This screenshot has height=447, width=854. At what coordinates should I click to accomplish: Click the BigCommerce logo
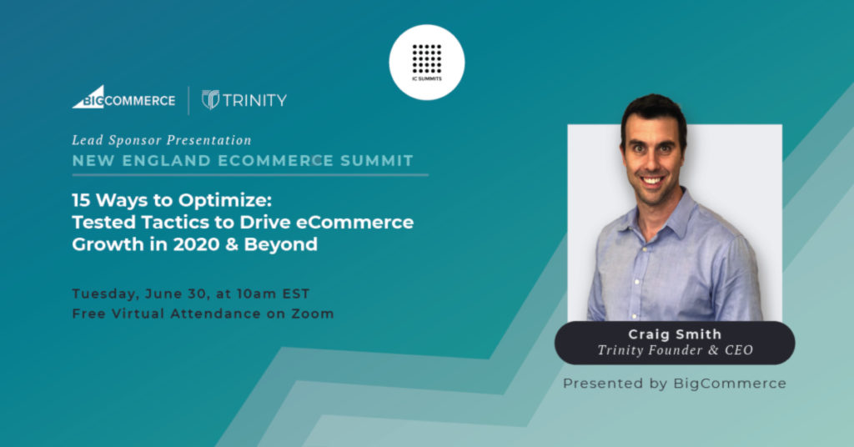pyautogui.click(x=123, y=98)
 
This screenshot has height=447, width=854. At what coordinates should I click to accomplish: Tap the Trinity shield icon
pyautogui.click(x=210, y=99)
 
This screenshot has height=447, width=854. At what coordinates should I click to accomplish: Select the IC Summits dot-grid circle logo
pyautogui.click(x=427, y=62)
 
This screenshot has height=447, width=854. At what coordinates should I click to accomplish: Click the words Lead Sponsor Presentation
pyautogui.click(x=162, y=140)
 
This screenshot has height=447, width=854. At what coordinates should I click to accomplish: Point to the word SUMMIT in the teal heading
pyautogui.click(x=377, y=161)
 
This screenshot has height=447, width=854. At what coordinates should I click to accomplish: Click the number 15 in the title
pyautogui.click(x=81, y=200)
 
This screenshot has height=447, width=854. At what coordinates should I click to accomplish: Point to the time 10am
pyautogui.click(x=257, y=294)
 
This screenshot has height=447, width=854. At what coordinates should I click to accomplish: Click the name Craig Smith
pyautogui.click(x=675, y=334)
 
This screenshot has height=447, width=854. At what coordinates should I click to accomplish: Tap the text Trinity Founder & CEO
pyautogui.click(x=676, y=350)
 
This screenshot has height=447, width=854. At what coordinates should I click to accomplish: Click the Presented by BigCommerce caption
pyautogui.click(x=675, y=384)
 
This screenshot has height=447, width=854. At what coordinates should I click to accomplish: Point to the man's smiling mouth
pyautogui.click(x=652, y=180)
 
